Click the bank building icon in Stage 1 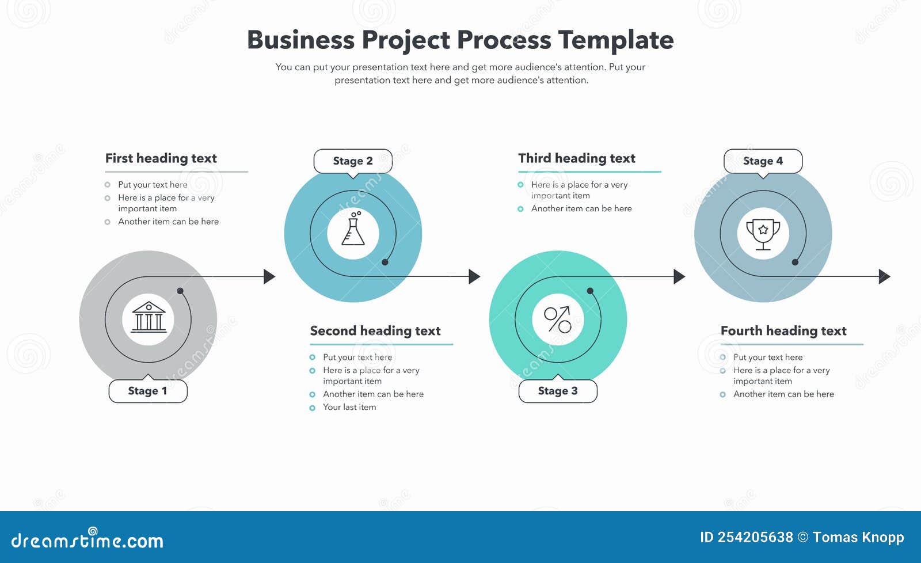tap(149, 318)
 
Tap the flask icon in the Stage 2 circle tap(353, 230)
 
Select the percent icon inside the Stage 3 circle tap(558, 319)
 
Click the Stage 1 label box tap(148, 391)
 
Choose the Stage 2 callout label tap(353, 161)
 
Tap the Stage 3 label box tap(558, 391)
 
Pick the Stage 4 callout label tap(763, 161)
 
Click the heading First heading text tap(161, 158)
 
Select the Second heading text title tap(375, 331)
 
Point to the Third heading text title tap(576, 158)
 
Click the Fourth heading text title tap(783, 331)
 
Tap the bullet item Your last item tap(349, 407)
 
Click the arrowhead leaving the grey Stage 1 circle tap(269, 276)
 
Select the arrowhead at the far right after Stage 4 tap(885, 276)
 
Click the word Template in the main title tap(615, 40)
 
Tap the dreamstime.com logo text tap(87, 540)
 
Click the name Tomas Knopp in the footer tap(858, 538)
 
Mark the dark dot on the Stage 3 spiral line tap(590, 291)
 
